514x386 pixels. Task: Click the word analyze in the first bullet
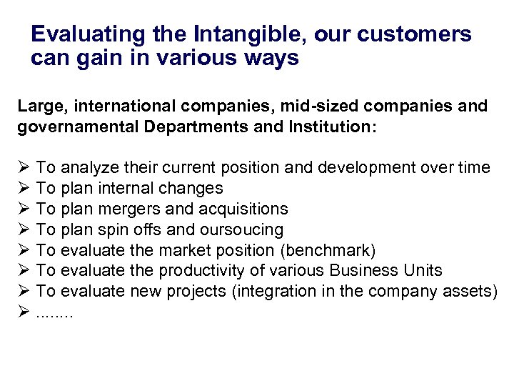[86, 168]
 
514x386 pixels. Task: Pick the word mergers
[136, 209]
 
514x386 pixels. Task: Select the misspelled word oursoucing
[243, 230]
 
